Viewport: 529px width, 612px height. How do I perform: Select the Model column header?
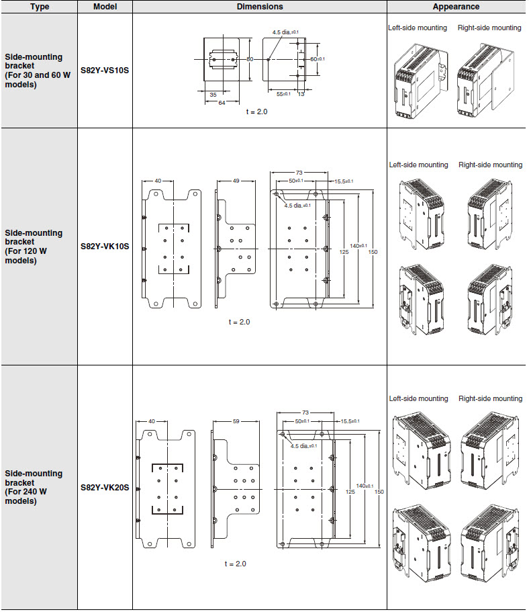coord(105,7)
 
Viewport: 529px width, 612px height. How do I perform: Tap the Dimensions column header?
coord(260,7)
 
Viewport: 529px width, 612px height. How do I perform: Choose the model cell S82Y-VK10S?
coord(105,247)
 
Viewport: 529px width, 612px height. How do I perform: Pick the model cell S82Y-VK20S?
coord(105,487)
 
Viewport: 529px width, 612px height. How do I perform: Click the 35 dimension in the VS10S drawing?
coord(213,95)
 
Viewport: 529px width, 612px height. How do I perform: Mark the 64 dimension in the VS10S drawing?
coord(222,103)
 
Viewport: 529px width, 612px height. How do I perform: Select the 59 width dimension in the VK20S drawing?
coord(236,421)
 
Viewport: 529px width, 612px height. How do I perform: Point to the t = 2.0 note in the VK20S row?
coord(235,564)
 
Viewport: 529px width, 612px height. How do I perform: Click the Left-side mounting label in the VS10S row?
coord(418,28)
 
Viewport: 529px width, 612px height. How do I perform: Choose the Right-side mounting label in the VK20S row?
coord(490,398)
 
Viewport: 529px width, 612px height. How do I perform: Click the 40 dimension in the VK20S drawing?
coord(152,421)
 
